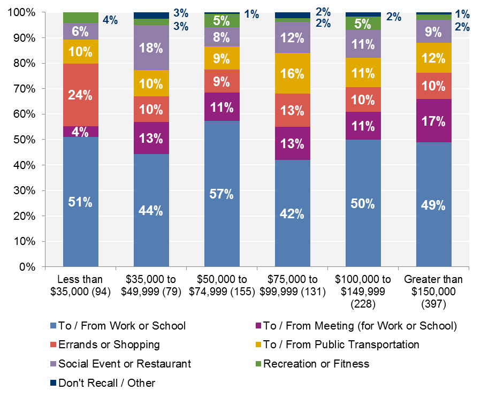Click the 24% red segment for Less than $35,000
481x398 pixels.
(x=81, y=95)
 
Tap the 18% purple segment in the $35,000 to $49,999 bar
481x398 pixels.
(x=151, y=48)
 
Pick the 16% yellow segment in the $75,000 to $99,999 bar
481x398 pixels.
(x=293, y=73)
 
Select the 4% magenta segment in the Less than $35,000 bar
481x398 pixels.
(x=81, y=132)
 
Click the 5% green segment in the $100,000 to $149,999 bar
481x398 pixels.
(x=363, y=23)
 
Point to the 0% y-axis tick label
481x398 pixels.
(x=26, y=267)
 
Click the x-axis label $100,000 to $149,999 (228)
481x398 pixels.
(x=363, y=291)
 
